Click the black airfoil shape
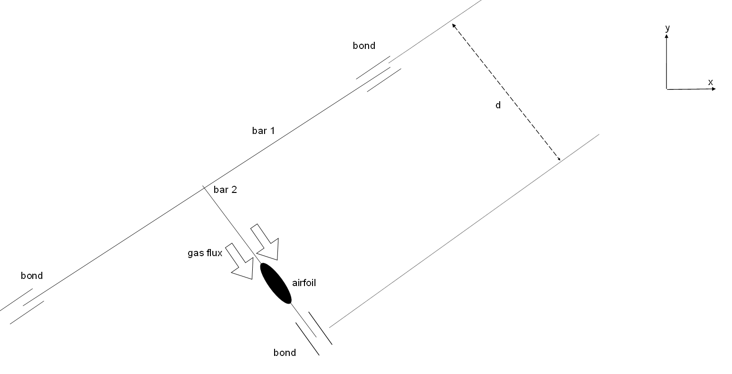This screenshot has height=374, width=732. (276, 283)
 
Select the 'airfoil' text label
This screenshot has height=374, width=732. (304, 283)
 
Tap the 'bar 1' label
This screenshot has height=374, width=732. (263, 131)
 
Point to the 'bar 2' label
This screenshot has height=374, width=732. (225, 190)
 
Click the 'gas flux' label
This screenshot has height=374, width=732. (205, 253)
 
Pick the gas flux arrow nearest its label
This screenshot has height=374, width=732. (241, 262)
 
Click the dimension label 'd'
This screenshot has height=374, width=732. (498, 105)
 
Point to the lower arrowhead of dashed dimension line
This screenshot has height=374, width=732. (560, 159)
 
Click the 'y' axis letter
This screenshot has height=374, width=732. (667, 28)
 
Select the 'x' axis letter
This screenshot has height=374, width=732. (711, 82)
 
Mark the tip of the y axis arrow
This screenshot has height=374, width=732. (666, 34)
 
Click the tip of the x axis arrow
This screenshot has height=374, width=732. (716, 88)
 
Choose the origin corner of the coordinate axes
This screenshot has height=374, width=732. (666, 89)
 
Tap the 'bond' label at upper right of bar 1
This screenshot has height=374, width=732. (364, 46)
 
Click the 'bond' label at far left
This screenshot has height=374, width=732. (32, 276)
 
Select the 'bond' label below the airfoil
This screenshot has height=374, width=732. (285, 353)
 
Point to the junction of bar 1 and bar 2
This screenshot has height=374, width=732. (205, 188)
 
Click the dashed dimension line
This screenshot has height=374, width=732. (506, 92)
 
